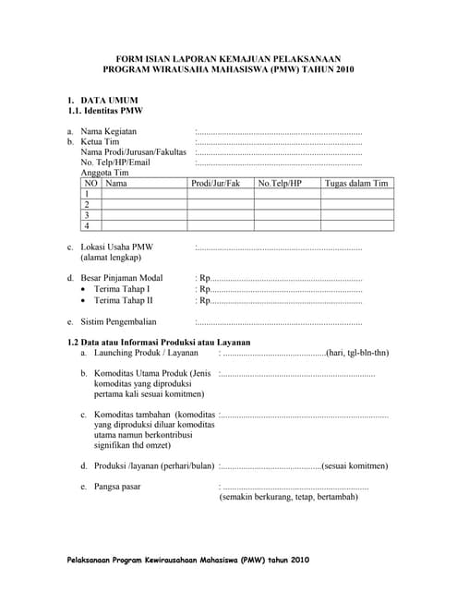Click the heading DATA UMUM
pyautogui.click(x=109, y=99)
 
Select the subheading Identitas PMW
pyautogui.click(x=105, y=110)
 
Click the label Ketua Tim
pyautogui.click(x=101, y=142)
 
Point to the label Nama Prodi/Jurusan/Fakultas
pyautogui.click(x=133, y=152)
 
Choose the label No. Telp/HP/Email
pyautogui.click(x=115, y=163)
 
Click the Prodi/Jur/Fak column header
pyautogui.click(x=215, y=184)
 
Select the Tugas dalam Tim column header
pyautogui.click(x=356, y=184)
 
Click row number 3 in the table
pyautogui.click(x=87, y=214)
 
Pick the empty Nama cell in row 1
pyautogui.click(x=143, y=194)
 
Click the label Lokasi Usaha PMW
pyautogui.click(x=117, y=247)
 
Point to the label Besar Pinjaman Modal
pyautogui.click(x=122, y=278)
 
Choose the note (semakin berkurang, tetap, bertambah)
pyautogui.click(x=288, y=497)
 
